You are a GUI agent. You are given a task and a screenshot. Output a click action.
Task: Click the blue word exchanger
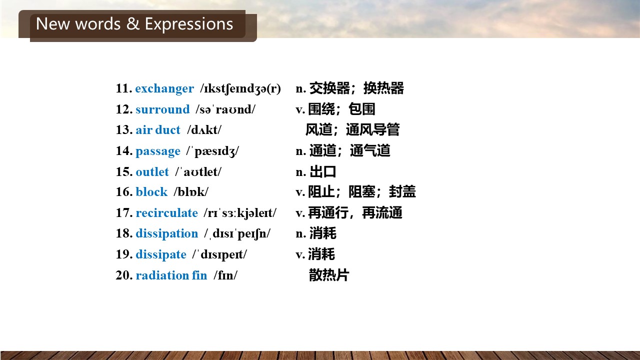(164, 89)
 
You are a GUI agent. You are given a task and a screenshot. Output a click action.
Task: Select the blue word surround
(162, 109)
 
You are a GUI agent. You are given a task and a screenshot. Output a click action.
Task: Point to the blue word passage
(158, 151)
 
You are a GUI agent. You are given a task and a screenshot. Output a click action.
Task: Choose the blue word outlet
(152, 171)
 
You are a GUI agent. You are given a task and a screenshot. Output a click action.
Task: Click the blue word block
(151, 191)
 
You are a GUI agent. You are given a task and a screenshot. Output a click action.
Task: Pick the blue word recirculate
(167, 213)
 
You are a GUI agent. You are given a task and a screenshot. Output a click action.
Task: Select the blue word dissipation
(167, 233)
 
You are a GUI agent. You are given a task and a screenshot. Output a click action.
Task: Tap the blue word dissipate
(161, 254)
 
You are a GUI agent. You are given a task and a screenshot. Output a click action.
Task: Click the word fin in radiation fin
(199, 275)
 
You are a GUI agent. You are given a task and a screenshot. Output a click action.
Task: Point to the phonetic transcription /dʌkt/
(204, 130)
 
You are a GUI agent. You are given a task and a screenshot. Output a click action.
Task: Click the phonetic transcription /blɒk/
(191, 191)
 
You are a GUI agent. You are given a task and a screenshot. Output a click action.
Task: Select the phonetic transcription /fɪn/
(225, 275)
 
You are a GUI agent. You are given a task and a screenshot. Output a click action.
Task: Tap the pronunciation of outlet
(198, 172)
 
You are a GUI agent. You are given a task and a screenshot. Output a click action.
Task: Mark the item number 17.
(124, 213)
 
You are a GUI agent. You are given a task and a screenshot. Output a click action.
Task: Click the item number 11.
(124, 88)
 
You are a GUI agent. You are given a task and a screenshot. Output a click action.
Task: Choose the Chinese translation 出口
(322, 171)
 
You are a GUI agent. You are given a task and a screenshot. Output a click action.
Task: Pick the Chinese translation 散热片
(329, 275)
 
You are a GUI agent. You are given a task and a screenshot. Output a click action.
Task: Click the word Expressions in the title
(189, 23)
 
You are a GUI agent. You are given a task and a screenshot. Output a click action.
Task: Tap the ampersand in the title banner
(132, 23)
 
